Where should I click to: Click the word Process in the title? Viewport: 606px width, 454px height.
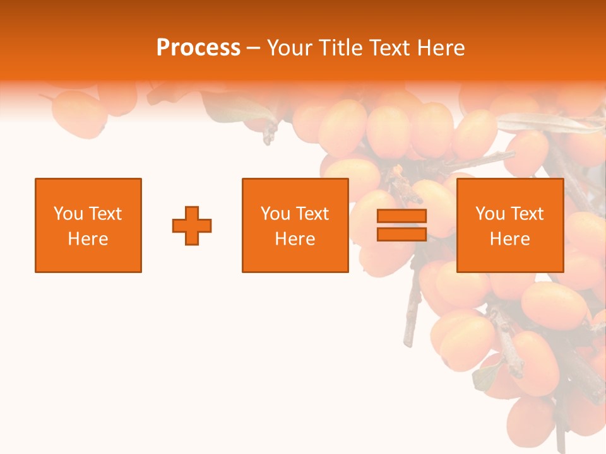pos(198,48)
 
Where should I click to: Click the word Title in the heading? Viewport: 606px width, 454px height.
pos(340,48)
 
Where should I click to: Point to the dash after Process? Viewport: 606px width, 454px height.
pos(254,48)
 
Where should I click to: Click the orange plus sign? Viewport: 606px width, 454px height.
pos(192,225)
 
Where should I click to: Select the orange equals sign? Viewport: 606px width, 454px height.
pos(401,225)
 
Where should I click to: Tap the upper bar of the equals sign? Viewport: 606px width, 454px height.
pos(401,216)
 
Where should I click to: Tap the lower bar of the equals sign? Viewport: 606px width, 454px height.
pos(401,234)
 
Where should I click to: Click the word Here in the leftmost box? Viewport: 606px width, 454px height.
pos(88,239)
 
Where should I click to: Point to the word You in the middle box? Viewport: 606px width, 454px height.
pos(275,214)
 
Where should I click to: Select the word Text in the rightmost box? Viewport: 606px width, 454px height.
pos(526,214)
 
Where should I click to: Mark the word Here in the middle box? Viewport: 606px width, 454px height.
pos(295,239)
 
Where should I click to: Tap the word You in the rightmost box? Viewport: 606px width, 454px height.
pos(490,214)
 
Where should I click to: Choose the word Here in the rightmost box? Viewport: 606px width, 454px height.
pos(510,239)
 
